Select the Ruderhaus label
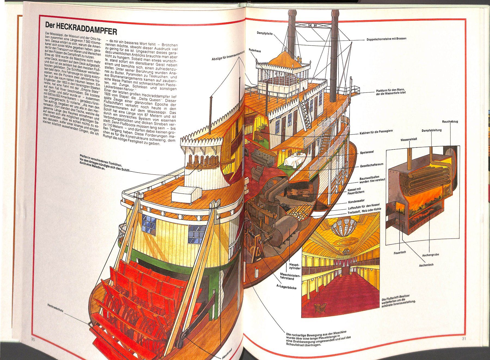click(255, 51)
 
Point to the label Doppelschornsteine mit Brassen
click(386, 39)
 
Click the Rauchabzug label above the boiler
click(450, 121)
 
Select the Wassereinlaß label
click(409, 140)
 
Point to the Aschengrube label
click(430, 255)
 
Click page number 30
click(33, 339)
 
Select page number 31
click(464, 339)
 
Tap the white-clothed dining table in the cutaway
click(295, 159)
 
